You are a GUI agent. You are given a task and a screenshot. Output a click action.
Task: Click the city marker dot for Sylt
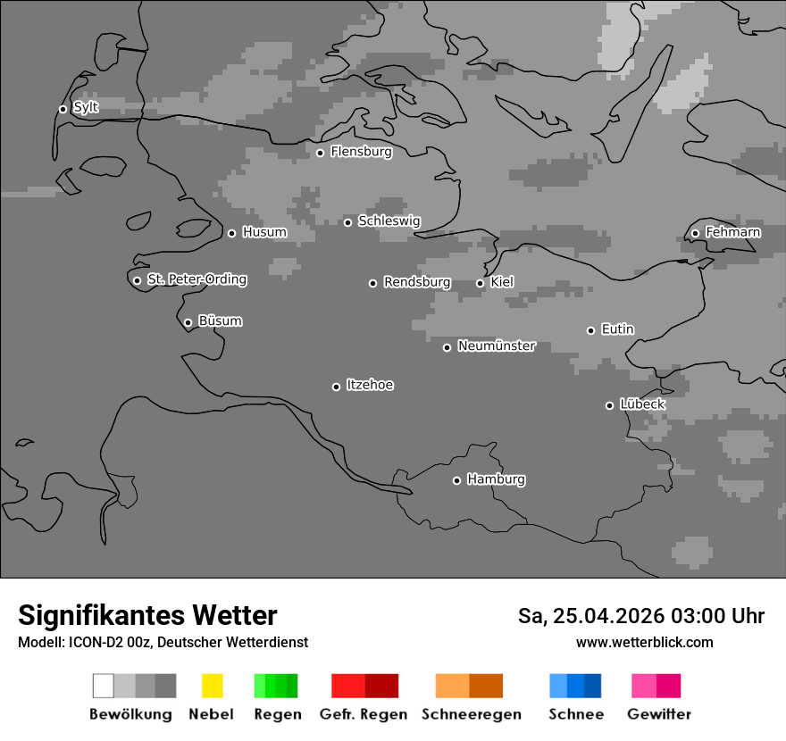tap(63, 109)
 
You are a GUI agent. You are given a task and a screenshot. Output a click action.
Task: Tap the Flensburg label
tap(361, 152)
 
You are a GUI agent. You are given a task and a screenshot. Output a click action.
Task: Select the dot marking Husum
tap(231, 233)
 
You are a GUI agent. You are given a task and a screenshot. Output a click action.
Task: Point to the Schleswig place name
tap(389, 221)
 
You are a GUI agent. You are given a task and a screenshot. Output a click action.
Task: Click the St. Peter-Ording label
tap(196, 279)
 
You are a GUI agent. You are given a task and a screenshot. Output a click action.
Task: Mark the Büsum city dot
tap(188, 322)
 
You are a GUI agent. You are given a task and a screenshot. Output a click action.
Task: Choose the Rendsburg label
tap(416, 282)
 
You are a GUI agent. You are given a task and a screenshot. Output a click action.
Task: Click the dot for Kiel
tap(480, 283)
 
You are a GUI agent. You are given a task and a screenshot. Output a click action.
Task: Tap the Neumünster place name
tap(496, 346)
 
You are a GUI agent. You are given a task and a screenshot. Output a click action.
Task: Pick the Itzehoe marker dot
tap(336, 387)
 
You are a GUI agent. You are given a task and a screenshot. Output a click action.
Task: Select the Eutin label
tap(617, 329)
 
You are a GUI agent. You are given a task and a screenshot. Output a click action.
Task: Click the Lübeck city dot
tap(609, 405)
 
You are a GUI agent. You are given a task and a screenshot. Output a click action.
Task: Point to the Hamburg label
tap(496, 479)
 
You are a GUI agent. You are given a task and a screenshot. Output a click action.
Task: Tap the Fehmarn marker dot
tap(695, 234)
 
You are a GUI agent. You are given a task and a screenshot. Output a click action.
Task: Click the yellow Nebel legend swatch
tap(212, 686)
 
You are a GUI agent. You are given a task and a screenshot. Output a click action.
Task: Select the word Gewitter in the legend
tap(659, 714)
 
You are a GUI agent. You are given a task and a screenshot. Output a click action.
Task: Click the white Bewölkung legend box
tap(104, 686)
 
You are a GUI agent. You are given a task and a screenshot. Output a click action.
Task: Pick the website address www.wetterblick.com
tap(644, 642)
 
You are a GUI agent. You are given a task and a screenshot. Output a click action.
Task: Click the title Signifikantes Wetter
tap(147, 615)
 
